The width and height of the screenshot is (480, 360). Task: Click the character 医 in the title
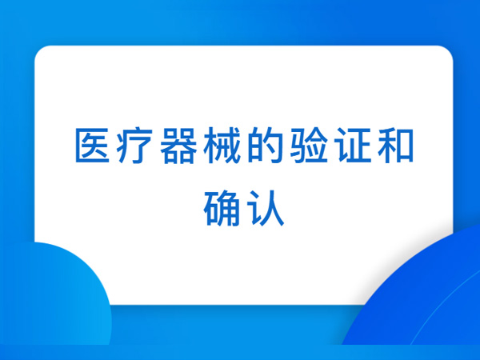93,146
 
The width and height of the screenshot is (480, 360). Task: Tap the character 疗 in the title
134,146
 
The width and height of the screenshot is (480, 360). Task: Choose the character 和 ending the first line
395,146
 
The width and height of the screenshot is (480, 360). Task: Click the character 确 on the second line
222,208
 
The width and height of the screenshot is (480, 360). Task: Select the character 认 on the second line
266,208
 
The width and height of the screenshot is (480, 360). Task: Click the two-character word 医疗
114,146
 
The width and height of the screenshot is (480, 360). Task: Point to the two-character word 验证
330,146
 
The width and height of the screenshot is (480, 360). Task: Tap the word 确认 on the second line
244,208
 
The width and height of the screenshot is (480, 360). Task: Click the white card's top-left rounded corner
39,51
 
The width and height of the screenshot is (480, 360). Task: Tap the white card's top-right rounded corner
448,51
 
